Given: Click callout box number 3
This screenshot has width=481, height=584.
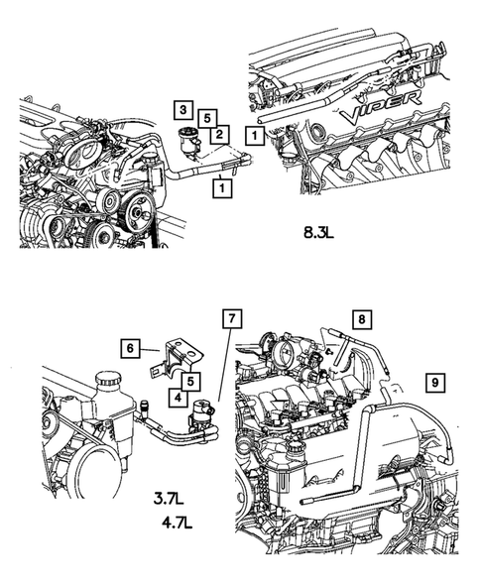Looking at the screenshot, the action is coord(182,109).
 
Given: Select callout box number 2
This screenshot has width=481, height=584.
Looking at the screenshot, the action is coord(219,134).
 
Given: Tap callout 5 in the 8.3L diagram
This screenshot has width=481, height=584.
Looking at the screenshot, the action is coord(207,118).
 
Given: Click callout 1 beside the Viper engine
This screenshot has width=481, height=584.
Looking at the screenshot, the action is coord(255,135).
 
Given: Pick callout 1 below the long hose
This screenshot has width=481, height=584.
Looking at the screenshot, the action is coord(222,187).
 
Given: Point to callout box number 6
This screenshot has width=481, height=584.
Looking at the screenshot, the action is coord(130,348).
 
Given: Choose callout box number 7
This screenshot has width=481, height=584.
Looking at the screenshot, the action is coord(232,318).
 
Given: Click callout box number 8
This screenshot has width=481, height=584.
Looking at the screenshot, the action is coord(362,319).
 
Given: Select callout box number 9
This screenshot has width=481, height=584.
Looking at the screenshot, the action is coord(435,382).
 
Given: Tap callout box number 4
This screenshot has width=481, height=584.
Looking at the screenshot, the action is coord(179,398).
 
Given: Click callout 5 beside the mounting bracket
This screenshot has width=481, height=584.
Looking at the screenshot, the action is coord(190,381).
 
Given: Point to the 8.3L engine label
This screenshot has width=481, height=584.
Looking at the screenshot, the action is coord(318,233).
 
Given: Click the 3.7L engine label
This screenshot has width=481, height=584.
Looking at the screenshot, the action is coord(169,498).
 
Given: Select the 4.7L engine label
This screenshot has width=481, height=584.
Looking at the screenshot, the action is coord(177,524).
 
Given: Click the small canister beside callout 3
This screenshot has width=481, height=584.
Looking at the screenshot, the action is coord(188,140).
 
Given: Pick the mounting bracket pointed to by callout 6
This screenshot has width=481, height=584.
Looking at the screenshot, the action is coord(176,358).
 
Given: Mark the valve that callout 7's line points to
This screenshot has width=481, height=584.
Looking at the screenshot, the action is coord(202,413).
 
